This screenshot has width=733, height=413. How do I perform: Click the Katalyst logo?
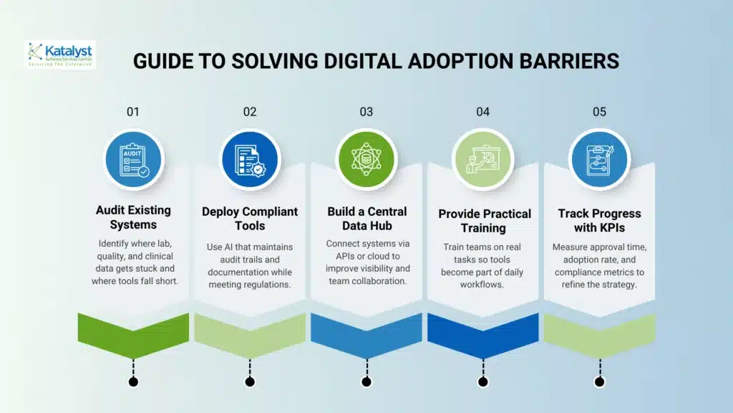(59, 54)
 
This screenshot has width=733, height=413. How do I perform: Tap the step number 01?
(133, 112)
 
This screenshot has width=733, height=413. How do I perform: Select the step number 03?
(366, 112)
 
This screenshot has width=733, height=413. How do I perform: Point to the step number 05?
(599, 112)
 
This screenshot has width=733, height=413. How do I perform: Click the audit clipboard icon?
(133, 158)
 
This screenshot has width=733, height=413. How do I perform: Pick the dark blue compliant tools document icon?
(250, 158)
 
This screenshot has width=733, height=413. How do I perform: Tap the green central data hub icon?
(366, 158)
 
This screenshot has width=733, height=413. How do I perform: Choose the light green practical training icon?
(482, 158)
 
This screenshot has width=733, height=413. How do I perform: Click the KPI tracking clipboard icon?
(599, 158)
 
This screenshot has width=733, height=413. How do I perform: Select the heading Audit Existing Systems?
(133, 217)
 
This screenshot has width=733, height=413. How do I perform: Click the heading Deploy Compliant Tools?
(250, 219)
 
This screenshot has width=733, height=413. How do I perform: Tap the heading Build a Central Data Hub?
(366, 219)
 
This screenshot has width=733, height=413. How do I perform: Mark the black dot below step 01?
(133, 381)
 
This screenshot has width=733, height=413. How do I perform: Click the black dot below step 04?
(482, 381)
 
